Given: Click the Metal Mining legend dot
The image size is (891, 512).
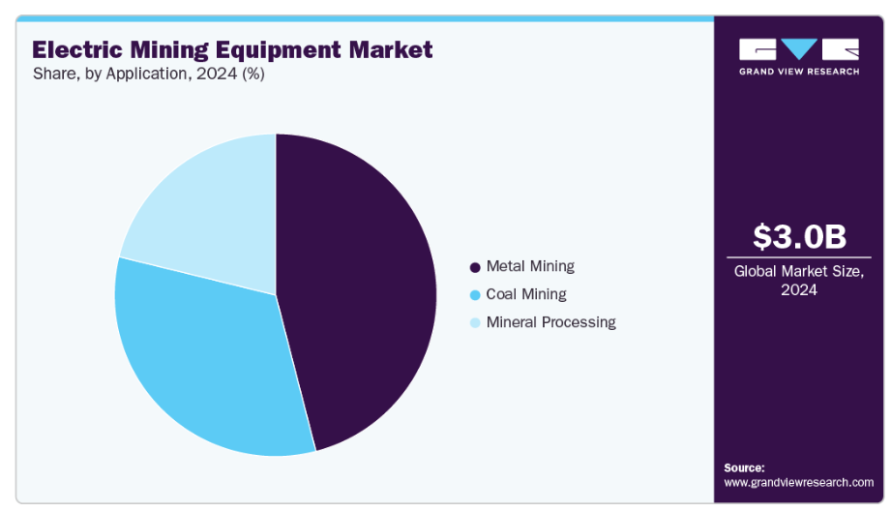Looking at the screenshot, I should pyautogui.click(x=474, y=267).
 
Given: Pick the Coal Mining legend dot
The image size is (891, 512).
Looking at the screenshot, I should pyautogui.click(x=474, y=295).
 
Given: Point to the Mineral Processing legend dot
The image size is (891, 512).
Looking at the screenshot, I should pyautogui.click(x=474, y=323).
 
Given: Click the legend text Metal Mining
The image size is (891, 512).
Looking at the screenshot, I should pyautogui.click(x=530, y=266).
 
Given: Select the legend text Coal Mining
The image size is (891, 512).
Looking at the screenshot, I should pyautogui.click(x=526, y=294).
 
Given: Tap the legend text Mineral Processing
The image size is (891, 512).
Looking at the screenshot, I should pyautogui.click(x=550, y=322).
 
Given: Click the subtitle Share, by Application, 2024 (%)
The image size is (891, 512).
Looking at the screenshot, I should pyautogui.click(x=148, y=75).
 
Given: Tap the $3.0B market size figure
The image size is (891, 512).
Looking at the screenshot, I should pyautogui.click(x=799, y=236).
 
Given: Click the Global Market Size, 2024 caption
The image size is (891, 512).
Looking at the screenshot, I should pyautogui.click(x=799, y=280).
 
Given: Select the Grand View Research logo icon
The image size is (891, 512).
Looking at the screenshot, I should pyautogui.click(x=799, y=49).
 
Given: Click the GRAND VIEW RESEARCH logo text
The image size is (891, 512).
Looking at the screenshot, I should pyautogui.click(x=799, y=71).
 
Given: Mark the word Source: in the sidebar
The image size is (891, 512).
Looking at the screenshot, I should pyautogui.click(x=743, y=467).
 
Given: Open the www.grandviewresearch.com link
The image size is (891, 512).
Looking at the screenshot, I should pyautogui.click(x=798, y=481).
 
